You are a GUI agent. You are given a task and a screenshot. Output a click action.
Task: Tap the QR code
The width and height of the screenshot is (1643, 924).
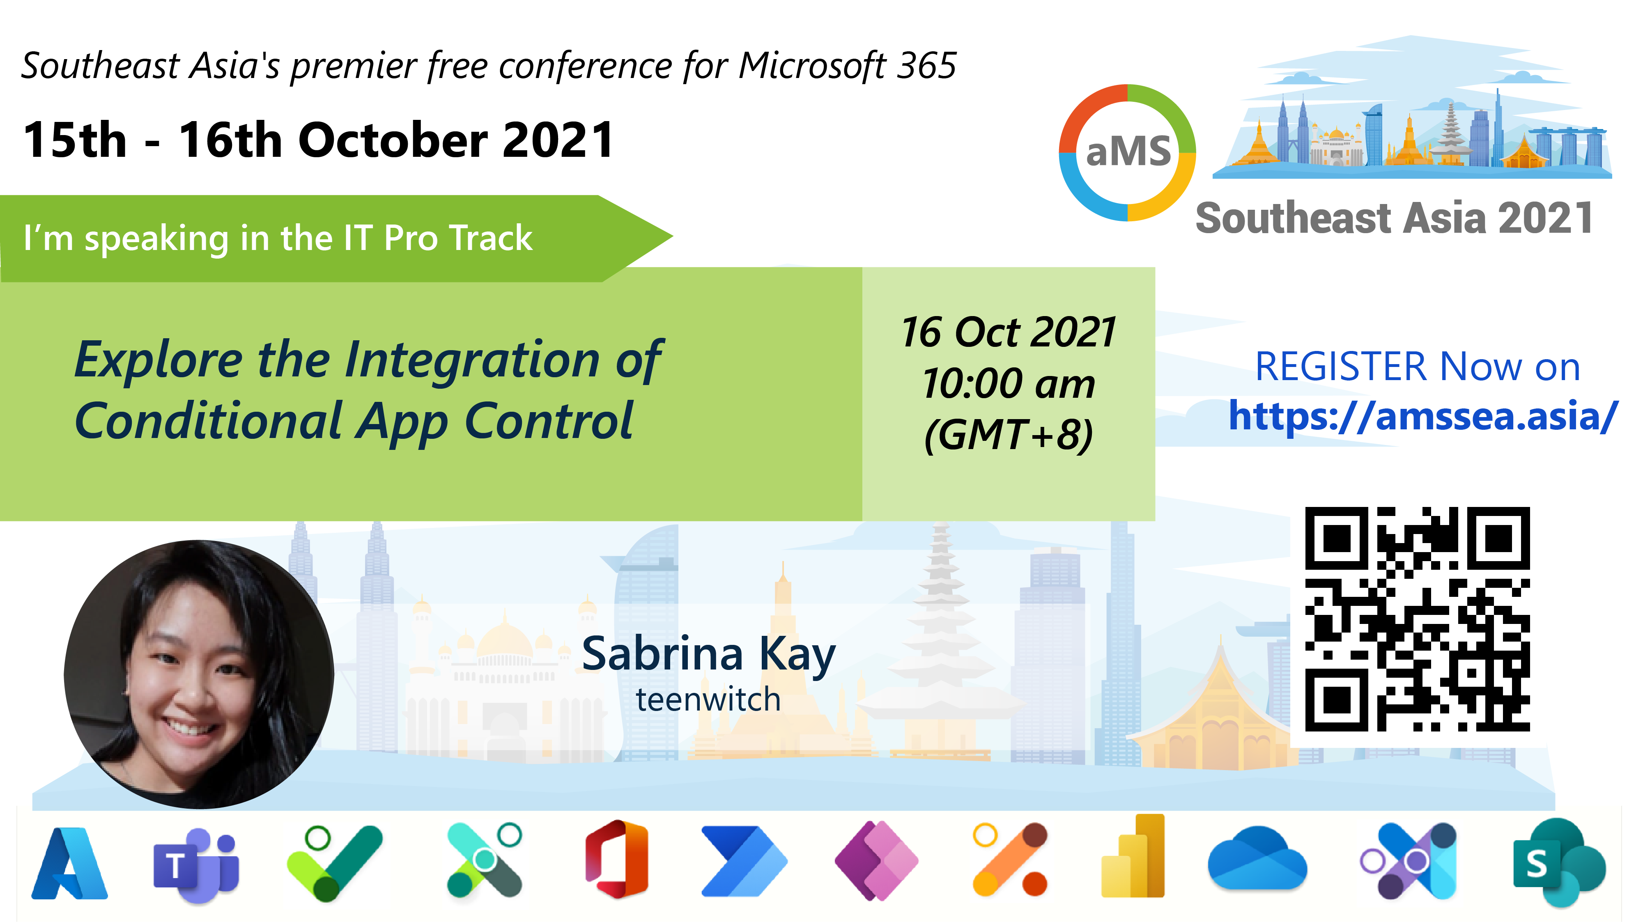[1417, 619]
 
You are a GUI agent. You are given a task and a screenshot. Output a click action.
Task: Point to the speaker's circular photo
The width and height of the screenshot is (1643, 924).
[199, 674]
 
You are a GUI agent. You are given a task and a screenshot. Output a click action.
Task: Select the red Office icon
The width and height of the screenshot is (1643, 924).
[617, 859]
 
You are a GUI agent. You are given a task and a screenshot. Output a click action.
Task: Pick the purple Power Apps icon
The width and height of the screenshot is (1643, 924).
[876, 860]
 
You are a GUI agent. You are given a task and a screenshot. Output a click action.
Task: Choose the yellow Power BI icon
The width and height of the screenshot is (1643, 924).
[1133, 856]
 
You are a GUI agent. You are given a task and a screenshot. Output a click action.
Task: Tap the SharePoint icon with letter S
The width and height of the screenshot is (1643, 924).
[1559, 862]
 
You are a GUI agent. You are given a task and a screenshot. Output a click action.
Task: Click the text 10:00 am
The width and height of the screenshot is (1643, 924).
[1009, 384]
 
